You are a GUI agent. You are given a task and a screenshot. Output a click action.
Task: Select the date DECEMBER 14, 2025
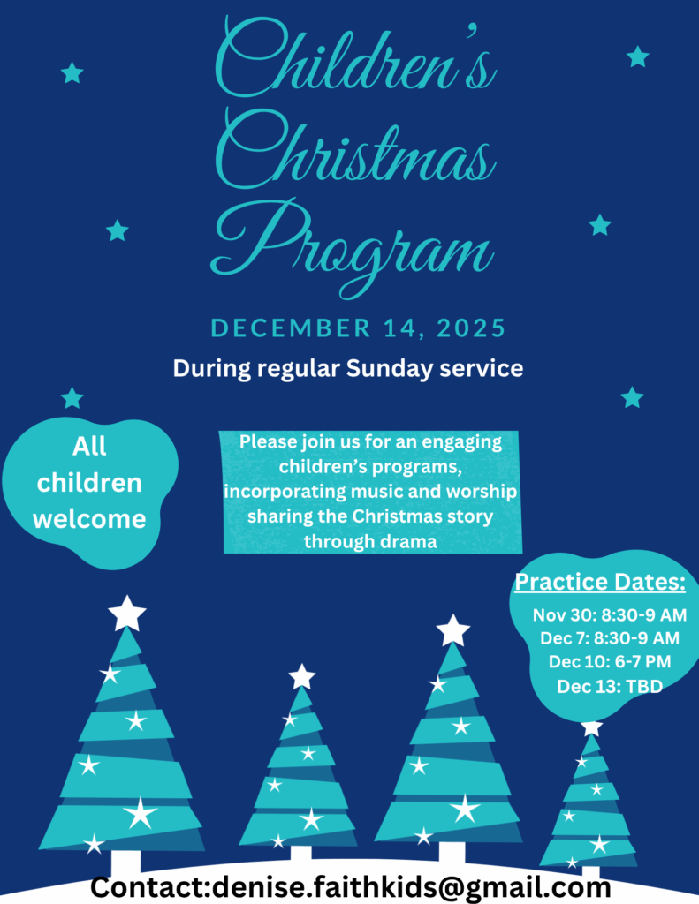[x=358, y=328]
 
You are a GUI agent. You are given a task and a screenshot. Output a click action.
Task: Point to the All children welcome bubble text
[x=89, y=483]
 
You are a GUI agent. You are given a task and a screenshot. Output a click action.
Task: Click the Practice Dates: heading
[x=600, y=583]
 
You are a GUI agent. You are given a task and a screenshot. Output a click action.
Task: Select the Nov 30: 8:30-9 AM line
[x=610, y=615]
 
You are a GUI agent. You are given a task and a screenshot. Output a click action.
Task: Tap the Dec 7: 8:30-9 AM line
[x=610, y=638]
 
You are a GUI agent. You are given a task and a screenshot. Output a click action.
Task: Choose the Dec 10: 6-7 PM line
[x=610, y=661]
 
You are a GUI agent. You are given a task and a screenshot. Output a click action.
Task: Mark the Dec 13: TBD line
[x=610, y=686]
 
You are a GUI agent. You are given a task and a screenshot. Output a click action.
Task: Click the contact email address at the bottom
[x=412, y=887]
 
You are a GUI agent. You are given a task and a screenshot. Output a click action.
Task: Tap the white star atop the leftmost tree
[x=127, y=614]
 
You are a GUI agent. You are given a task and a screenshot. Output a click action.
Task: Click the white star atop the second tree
[x=302, y=677]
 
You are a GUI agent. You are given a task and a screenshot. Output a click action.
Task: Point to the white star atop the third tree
[x=453, y=630]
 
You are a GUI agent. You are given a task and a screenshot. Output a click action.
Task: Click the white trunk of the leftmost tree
[x=125, y=863]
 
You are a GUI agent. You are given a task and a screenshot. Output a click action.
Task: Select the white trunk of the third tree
[x=452, y=852]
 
